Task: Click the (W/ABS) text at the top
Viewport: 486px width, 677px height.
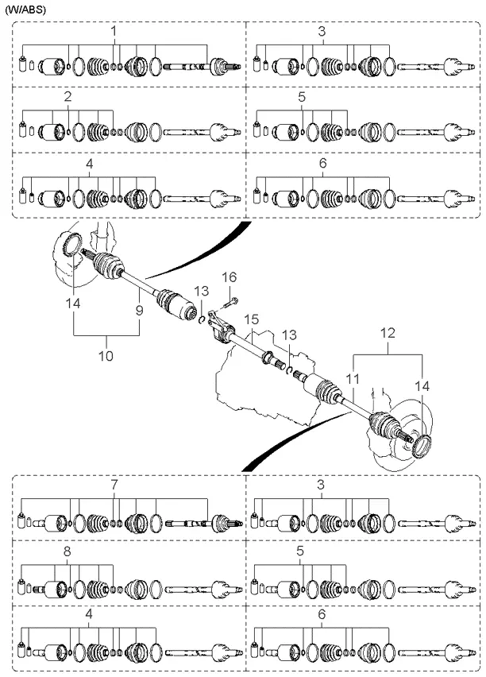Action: pos(25,10)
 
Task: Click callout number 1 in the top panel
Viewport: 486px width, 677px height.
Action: pos(114,31)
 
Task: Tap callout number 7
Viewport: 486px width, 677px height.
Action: pos(114,484)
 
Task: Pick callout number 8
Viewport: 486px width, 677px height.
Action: pos(67,551)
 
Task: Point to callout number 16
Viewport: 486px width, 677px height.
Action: pos(229,277)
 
